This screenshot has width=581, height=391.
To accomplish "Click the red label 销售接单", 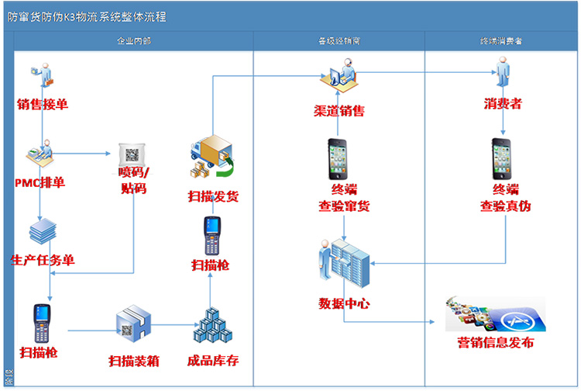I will pyautogui.click(x=43, y=103).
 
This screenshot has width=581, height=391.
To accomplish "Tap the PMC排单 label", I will pyautogui.click(x=40, y=183).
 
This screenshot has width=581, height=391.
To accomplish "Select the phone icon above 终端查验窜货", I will pyautogui.click(x=339, y=157).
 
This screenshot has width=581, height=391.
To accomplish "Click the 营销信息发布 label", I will pyautogui.click(x=495, y=343).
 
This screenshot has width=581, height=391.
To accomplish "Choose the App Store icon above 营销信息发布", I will pyautogui.click(x=496, y=314).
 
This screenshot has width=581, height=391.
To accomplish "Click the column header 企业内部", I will pyautogui.click(x=132, y=40).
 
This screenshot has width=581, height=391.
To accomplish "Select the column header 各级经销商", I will pyautogui.click(x=339, y=40).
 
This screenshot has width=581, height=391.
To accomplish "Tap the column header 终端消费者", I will pyautogui.click(x=500, y=40).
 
